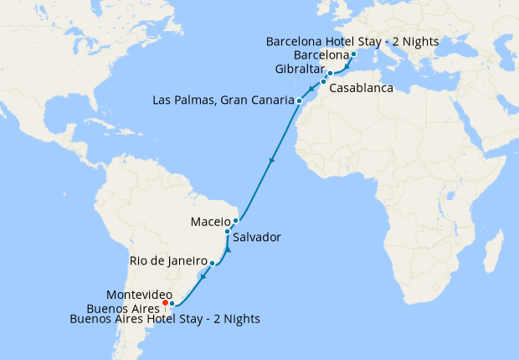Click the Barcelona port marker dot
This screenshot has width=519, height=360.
(x=353, y=54)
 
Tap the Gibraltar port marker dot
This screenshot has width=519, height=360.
(x=330, y=74)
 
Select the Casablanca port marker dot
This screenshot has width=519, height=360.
(x=323, y=82)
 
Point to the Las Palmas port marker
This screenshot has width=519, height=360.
(x=299, y=100)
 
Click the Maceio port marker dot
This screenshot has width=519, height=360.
(x=236, y=221)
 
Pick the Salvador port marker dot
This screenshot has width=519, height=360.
(x=227, y=231)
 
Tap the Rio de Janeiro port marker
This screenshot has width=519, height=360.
(x=212, y=263)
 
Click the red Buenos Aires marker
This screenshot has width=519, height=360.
(x=166, y=302)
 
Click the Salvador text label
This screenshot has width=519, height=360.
(x=257, y=237)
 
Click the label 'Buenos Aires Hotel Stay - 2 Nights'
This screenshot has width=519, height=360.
(x=165, y=319)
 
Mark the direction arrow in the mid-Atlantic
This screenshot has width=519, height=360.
(x=271, y=160)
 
